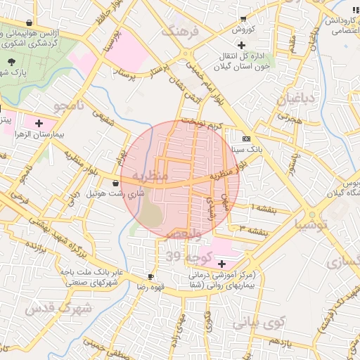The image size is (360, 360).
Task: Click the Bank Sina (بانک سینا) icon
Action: coord(245,139)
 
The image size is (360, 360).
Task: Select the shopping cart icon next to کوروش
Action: coord(243,19)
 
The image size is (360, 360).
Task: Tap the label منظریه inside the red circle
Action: coord(150,176)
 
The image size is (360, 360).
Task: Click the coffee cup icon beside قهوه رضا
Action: coord(150,276)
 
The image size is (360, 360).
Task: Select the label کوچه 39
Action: coord(182,257)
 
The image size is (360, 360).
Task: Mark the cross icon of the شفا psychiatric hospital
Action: coord(222,264)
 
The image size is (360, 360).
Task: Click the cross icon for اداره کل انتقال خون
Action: coord(241,45)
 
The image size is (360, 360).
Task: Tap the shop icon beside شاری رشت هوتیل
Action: coord(115,184)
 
